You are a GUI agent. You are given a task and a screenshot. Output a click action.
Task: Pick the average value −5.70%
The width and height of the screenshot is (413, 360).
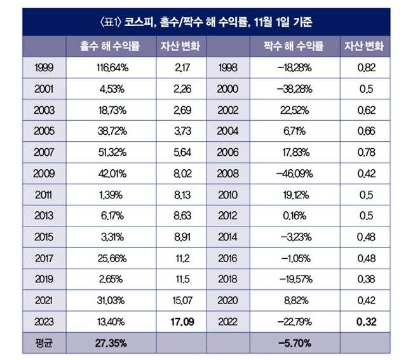pos(294,343)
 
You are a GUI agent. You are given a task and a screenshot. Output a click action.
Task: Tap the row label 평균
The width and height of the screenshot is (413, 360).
pos(44,343)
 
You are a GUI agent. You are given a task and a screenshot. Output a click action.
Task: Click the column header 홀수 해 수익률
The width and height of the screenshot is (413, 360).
pos(111,46)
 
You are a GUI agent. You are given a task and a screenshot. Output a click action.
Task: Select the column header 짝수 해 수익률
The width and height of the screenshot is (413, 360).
pos(294,46)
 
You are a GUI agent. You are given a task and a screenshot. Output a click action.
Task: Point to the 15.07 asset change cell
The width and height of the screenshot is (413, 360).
pos(181,300)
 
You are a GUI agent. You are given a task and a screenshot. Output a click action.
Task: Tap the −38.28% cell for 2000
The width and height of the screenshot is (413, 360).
pos(294,88)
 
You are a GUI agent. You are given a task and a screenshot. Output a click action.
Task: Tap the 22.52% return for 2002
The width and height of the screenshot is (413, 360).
pos(294,110)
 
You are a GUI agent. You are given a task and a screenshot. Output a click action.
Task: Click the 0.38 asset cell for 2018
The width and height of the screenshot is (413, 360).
pos(365,278)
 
